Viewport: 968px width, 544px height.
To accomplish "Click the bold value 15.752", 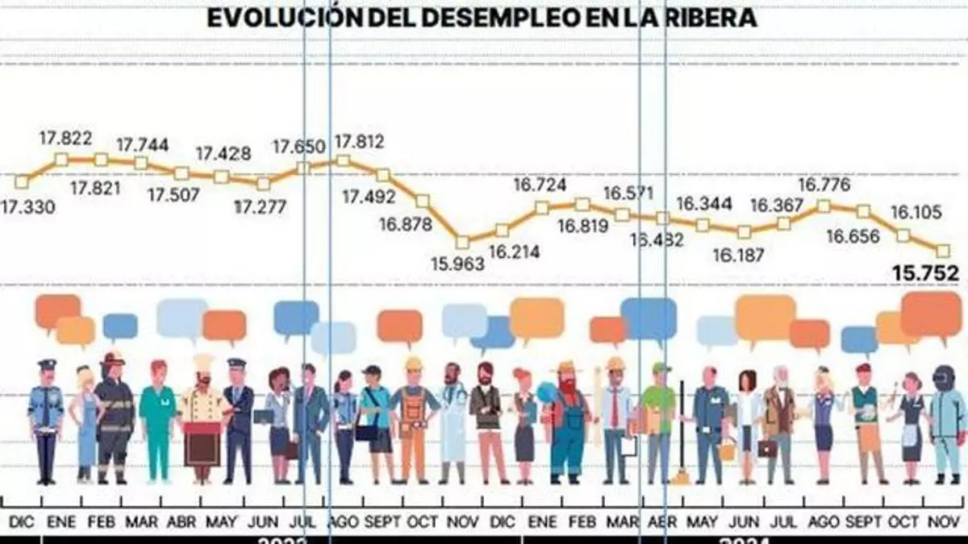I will coord(925,274).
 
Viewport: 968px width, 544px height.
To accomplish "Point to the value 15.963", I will coord(457,264).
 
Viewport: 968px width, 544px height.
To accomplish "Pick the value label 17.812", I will coord(359,142).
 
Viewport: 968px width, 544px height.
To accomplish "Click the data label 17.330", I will coord(28,207).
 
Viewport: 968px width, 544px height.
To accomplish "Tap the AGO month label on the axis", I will coord(344,522).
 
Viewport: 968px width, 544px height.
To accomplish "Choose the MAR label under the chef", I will coord(142,522).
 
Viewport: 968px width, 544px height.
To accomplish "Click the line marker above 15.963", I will coord(462,242).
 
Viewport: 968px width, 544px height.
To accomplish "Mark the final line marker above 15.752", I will coord(943,251).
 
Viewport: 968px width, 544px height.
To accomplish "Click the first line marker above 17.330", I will coord(22,181).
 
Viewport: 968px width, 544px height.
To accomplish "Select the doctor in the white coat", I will coord(453,423).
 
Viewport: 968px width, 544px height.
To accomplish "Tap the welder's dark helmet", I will coord(944,376).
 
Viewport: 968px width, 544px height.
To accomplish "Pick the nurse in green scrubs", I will coord(157,419).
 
